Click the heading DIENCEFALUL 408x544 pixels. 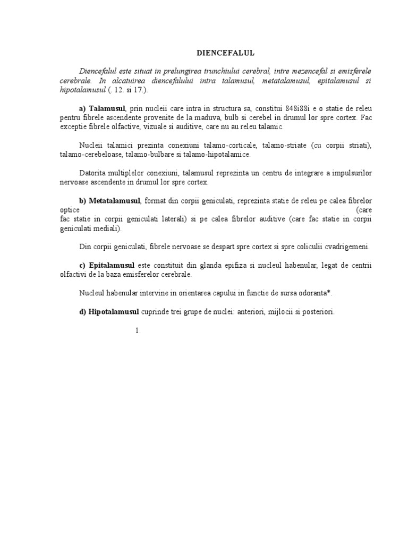point(226,53)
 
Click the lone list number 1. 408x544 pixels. point(138,330)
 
